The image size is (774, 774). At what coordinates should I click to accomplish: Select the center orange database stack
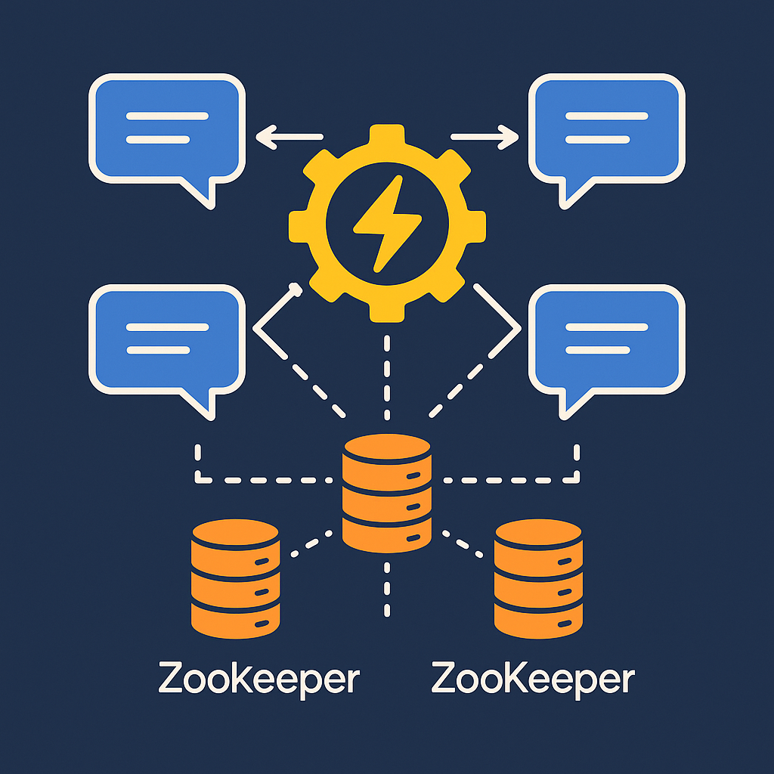pos(386,491)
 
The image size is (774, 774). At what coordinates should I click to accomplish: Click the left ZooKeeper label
pos(259,680)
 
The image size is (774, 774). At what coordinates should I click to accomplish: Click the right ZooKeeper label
pos(533,680)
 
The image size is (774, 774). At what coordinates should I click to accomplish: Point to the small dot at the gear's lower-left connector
pos(296,289)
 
